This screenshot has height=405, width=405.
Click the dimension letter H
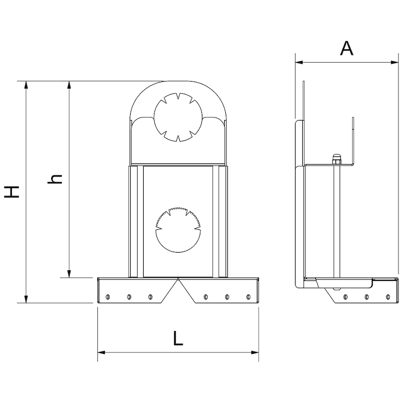12,192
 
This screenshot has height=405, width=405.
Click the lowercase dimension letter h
55,179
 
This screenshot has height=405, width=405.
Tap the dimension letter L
178,338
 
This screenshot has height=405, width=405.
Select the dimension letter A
346,48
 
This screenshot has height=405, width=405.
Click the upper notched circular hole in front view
178,117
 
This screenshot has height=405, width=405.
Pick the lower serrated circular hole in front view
178,229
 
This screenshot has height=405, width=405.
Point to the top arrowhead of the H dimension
26,85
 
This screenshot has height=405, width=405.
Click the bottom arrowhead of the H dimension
26,299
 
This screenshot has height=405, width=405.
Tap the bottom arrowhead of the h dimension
69,274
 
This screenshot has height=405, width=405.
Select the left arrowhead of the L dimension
102,352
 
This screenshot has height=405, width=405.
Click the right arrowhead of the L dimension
255,352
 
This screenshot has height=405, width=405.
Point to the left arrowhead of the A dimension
299,62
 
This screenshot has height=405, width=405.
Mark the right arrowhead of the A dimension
395,62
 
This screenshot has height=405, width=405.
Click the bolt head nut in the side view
336,159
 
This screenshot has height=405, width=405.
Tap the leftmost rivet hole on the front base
108,297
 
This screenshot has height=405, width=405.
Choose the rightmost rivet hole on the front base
249,297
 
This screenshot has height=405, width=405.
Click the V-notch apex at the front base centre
178,278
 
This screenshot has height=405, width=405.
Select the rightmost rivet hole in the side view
388,297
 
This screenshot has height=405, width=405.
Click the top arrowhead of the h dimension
69,85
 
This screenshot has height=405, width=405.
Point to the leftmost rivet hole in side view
345,297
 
